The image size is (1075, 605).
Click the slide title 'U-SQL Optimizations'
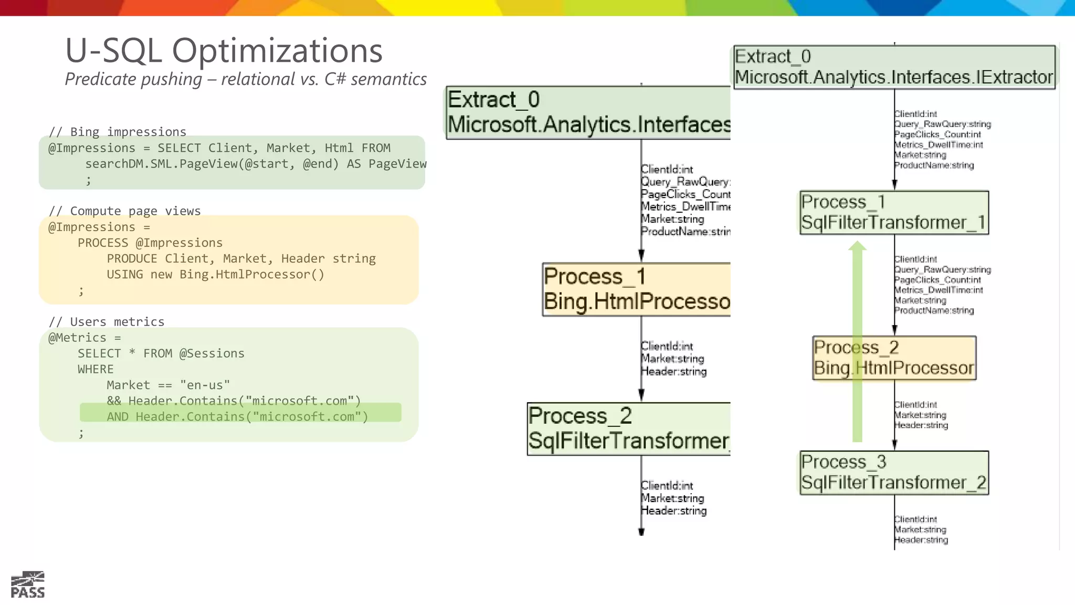pyautogui.click(x=224, y=51)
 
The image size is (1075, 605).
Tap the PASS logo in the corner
pyautogui.click(x=28, y=585)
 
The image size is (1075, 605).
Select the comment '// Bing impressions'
pyautogui.click(x=118, y=132)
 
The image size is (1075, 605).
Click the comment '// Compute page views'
pyautogui.click(x=125, y=211)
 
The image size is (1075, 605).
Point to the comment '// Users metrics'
pyautogui.click(x=107, y=322)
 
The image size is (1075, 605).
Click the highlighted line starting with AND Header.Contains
pyautogui.click(x=237, y=416)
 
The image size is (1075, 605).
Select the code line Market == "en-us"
pyautogui.click(x=168, y=385)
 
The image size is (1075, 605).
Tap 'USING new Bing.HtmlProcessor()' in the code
pyautogui.click(x=215, y=274)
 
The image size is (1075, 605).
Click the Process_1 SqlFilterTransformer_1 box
pyautogui.click(x=894, y=212)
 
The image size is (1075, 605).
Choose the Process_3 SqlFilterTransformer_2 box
pyautogui.click(x=894, y=472)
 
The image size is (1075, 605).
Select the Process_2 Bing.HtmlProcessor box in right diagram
pyautogui.click(x=894, y=358)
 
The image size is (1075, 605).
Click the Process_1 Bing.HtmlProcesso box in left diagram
pyautogui.click(x=636, y=289)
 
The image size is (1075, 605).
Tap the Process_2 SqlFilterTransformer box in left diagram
pyautogui.click(x=629, y=429)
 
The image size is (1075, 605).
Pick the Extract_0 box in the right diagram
pyautogui.click(x=894, y=67)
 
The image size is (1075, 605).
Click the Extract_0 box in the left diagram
pyautogui.click(x=588, y=112)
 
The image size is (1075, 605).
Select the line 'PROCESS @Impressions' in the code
pyautogui.click(x=150, y=243)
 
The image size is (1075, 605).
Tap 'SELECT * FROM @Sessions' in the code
pyautogui.click(x=161, y=353)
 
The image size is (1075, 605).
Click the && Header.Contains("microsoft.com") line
pyautogui.click(x=234, y=401)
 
